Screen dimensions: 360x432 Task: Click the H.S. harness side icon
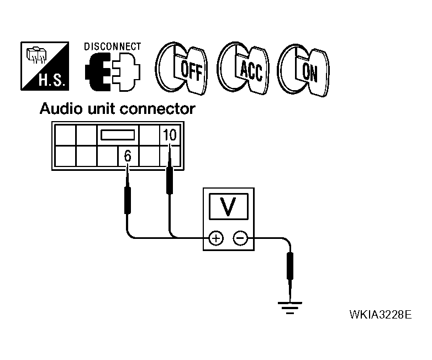(45, 66)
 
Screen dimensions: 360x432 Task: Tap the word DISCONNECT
(113, 46)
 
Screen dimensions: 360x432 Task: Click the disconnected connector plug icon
(113, 71)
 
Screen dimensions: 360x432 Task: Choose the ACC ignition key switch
(244, 69)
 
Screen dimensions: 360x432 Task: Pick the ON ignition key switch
(303, 69)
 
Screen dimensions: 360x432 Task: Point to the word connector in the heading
(161, 109)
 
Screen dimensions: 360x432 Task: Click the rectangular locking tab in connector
(117, 134)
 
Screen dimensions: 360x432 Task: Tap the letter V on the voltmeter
(227, 206)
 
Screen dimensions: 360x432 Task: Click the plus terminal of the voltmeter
(215, 238)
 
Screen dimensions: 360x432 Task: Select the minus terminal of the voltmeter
(240, 238)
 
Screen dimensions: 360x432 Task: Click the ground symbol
(289, 305)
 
